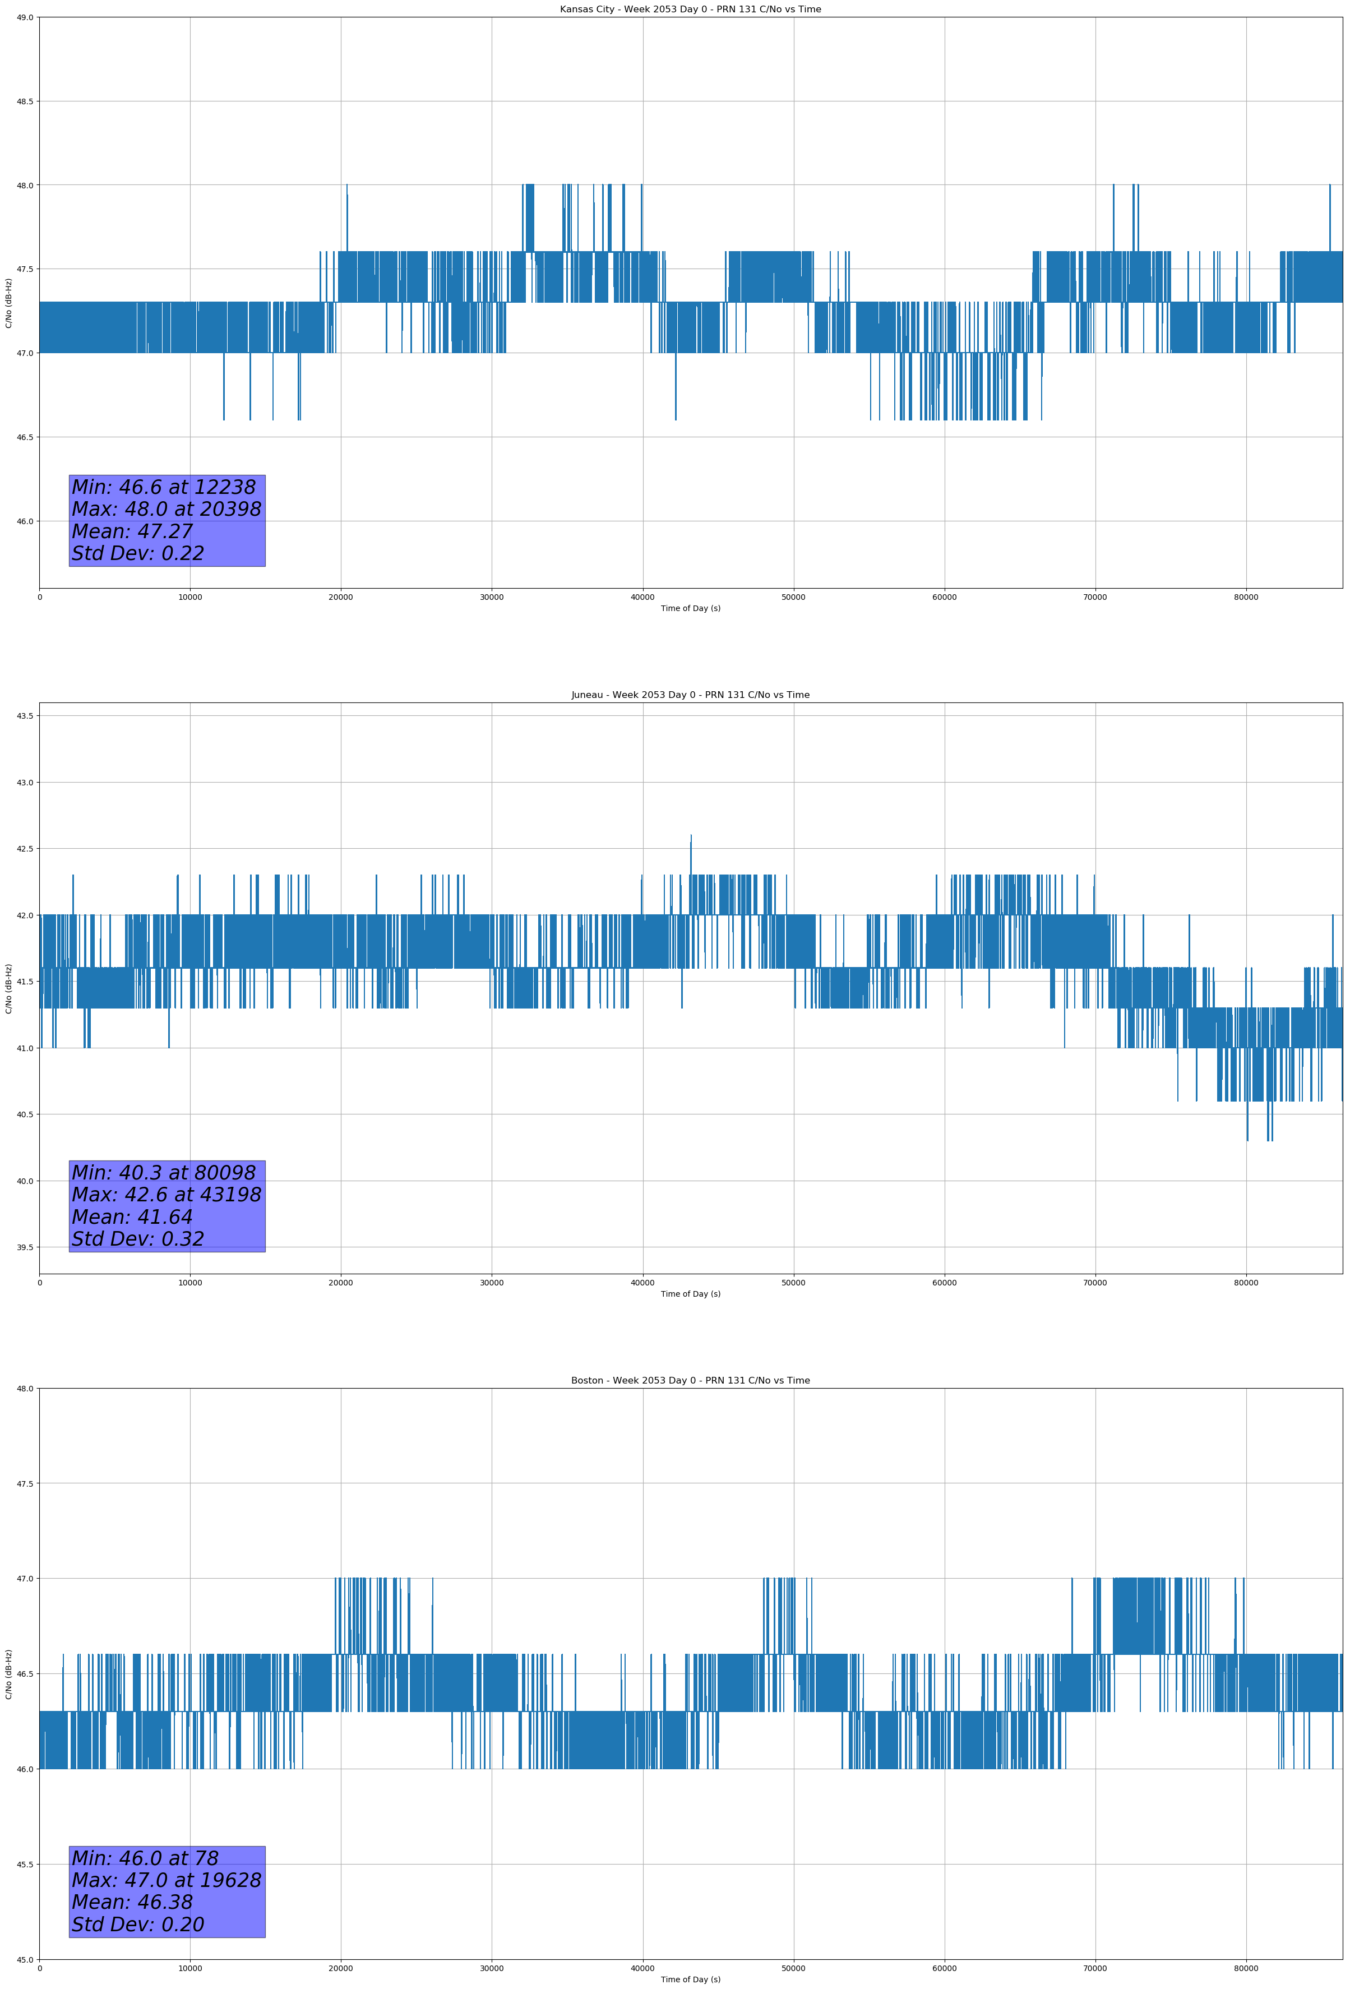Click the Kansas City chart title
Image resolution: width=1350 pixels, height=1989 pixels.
tap(690, 10)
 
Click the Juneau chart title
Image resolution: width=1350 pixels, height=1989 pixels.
tap(690, 695)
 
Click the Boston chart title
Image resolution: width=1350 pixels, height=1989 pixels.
tap(690, 1381)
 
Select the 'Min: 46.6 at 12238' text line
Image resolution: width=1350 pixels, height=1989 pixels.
tap(164, 487)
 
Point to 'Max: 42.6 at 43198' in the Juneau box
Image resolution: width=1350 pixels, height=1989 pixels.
tap(166, 1195)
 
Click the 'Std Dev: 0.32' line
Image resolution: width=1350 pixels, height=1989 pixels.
tap(138, 1239)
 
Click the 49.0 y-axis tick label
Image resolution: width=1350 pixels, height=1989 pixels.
tap(24, 17)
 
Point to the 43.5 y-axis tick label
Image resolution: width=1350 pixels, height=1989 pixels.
tap(24, 715)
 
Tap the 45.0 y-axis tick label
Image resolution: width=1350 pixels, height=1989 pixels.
tap(24, 1960)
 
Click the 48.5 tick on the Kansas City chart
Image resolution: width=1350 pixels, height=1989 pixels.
tap(24, 101)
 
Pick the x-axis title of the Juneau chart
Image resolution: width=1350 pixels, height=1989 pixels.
tap(690, 1294)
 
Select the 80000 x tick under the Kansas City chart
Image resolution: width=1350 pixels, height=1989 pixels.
tap(1246, 598)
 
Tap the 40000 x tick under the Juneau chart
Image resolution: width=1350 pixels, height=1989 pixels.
tap(642, 1283)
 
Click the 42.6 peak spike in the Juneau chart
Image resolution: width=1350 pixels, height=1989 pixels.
tap(691, 837)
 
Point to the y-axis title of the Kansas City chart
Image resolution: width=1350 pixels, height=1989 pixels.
tap(8, 303)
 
